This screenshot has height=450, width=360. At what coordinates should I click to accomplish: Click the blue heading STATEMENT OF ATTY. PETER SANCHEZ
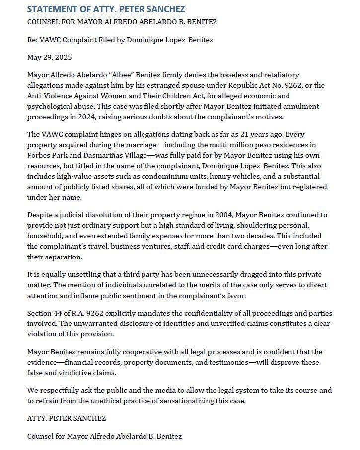click(106, 9)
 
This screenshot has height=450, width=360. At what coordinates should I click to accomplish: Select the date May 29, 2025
click(49, 57)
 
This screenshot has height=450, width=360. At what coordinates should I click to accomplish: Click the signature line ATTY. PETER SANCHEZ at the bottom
click(67, 418)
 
